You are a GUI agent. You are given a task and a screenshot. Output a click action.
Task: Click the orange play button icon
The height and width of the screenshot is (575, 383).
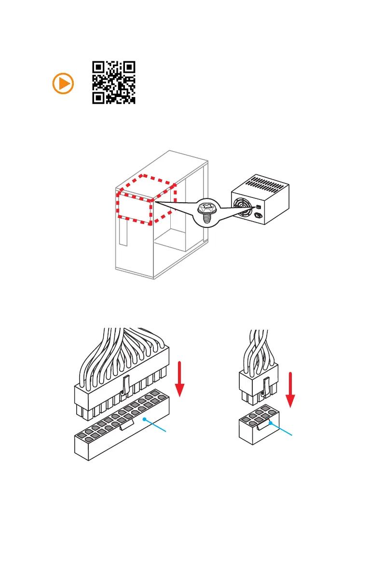pos(63,84)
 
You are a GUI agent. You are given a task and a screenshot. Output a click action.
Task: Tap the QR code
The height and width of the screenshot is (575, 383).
pos(113,83)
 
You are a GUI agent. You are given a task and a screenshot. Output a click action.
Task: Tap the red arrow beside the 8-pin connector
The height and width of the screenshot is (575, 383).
pos(290,389)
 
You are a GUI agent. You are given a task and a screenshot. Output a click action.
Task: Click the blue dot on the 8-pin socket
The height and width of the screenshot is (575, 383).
pos(271,423)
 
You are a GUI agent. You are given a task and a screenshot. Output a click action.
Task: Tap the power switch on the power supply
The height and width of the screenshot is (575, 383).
pos(258,207)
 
